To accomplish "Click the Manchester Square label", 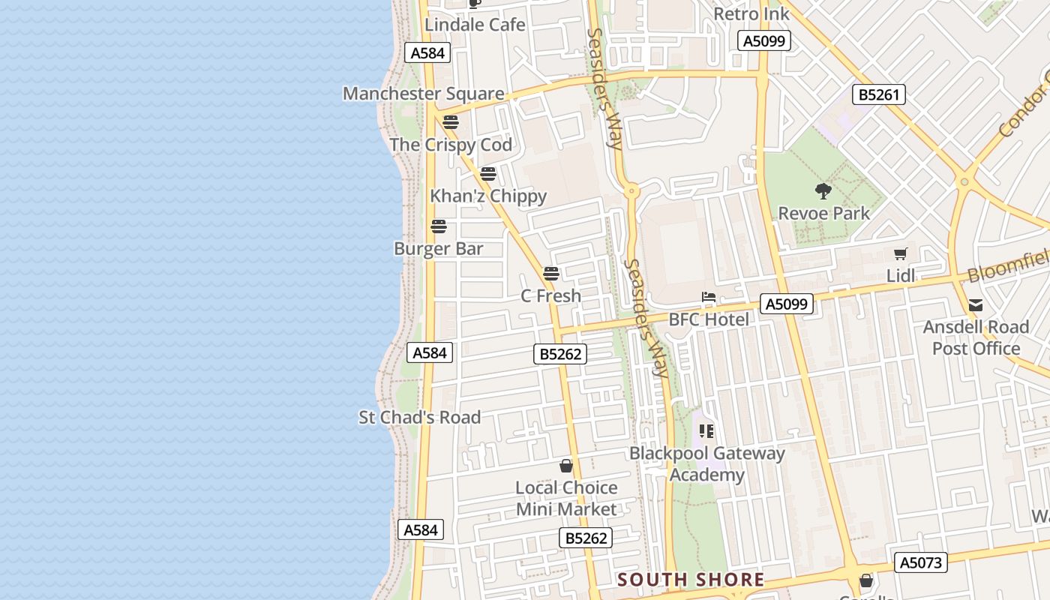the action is click(423, 94).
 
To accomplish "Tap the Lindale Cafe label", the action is click(475, 25).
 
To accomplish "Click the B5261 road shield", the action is click(879, 94).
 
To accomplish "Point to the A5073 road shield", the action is click(921, 562).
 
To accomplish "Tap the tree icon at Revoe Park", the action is click(823, 191).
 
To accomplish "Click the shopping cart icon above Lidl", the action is click(901, 253).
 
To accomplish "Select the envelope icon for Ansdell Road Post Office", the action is click(976, 305).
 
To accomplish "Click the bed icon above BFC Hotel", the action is click(709, 297).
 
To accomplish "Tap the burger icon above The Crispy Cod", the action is click(451, 122).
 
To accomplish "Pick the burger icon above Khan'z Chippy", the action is click(488, 174).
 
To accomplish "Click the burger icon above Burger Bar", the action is click(439, 226).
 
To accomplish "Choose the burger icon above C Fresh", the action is click(551, 274).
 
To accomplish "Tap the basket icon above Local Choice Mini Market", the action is click(566, 466).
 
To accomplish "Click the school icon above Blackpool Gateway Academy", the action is click(706, 430).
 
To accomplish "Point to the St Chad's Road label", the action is click(419, 418).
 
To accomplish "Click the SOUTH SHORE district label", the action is click(691, 580).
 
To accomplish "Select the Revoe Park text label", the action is click(824, 214).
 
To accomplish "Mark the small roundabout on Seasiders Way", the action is click(631, 191).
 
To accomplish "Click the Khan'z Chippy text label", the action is click(488, 196).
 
